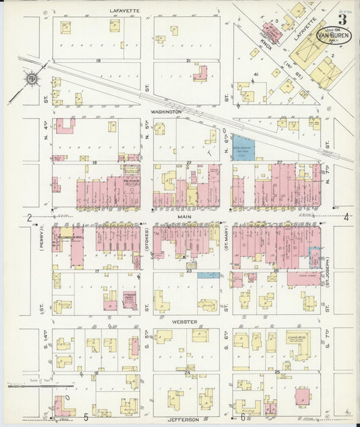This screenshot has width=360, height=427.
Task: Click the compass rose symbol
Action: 31,79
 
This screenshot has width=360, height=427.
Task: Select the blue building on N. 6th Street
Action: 243,149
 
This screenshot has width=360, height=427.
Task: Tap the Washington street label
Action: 166,111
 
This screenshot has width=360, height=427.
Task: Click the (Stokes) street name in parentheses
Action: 146,239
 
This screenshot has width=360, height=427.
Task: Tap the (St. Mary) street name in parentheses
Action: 226,241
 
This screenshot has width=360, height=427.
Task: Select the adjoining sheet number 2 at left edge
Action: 30,218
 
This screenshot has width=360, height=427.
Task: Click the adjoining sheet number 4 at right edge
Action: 345,217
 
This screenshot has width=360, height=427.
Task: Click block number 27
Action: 278,163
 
